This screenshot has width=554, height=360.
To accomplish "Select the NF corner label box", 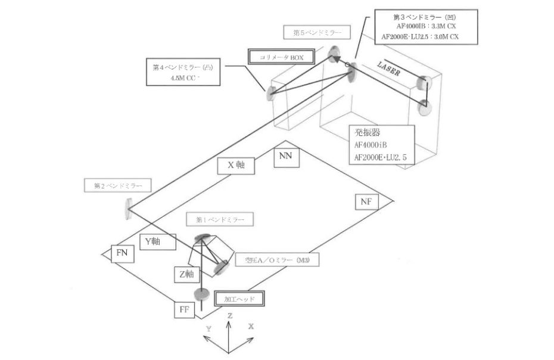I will tap(366, 202).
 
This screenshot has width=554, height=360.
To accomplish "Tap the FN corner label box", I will tap(121, 253).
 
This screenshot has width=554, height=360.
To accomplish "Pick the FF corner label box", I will tap(185, 311).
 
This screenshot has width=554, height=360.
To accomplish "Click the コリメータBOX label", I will tap(276, 57).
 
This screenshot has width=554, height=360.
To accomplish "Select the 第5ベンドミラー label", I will tap(316, 32).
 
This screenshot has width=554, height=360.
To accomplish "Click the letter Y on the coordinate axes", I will tap(208, 328).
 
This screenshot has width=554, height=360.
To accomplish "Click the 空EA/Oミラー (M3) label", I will tap(278, 260).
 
